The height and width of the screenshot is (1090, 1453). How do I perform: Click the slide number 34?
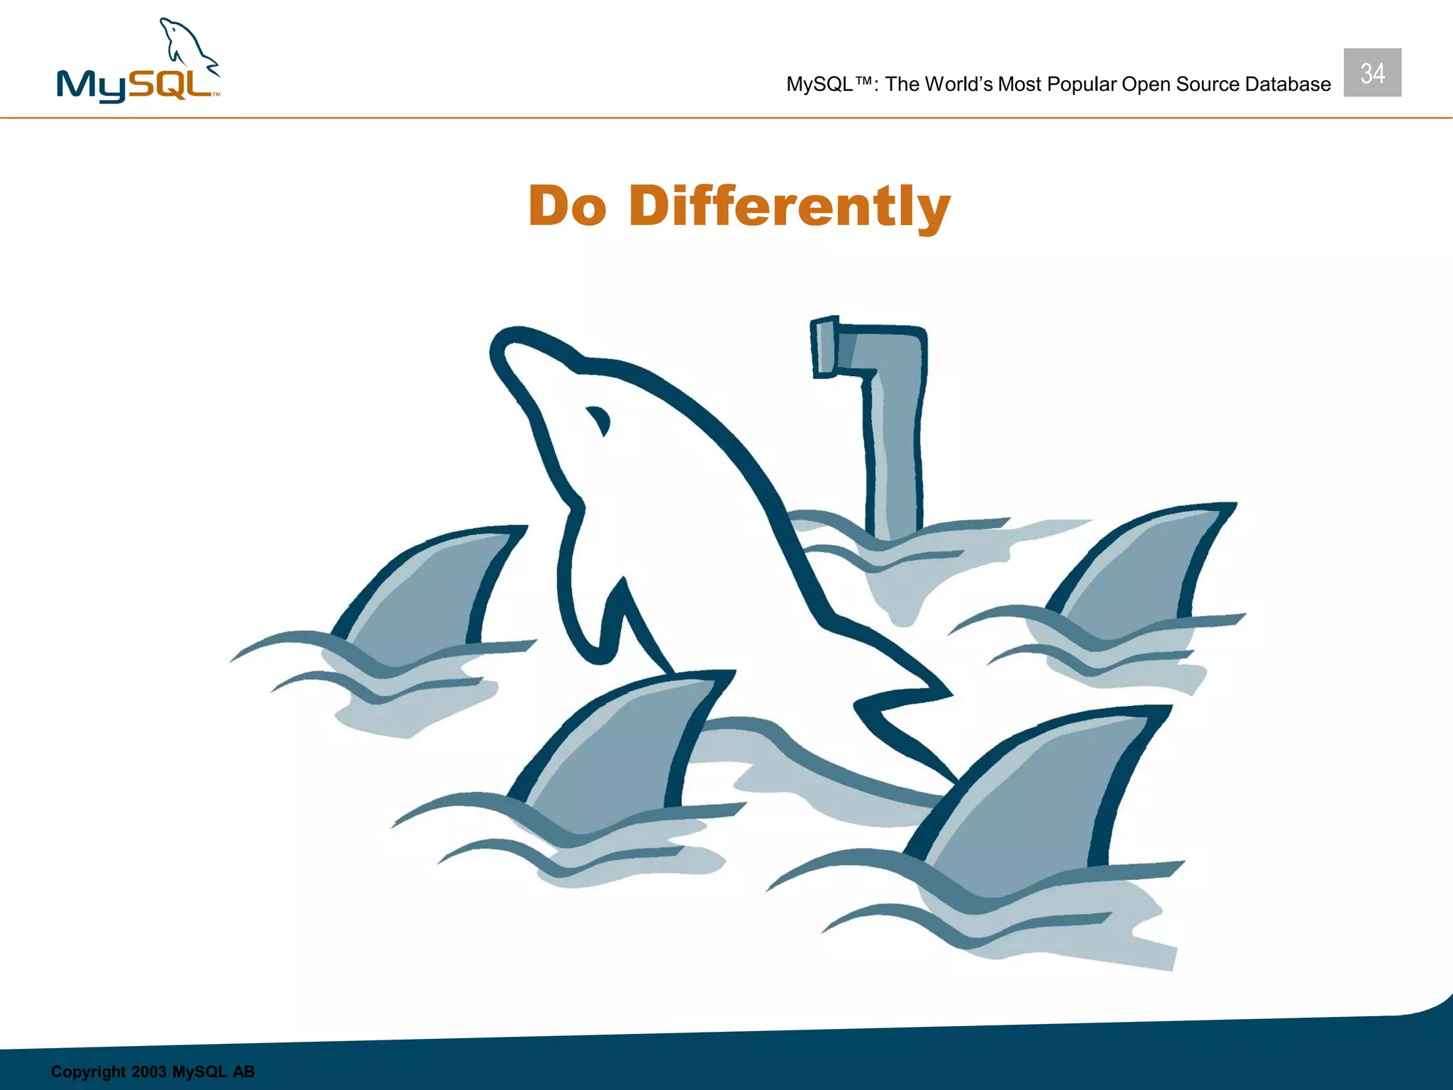pos(1372,73)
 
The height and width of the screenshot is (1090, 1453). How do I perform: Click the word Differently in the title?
pos(789,206)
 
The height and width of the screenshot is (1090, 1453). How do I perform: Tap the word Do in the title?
pos(568,206)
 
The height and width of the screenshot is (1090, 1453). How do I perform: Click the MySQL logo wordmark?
pos(135,85)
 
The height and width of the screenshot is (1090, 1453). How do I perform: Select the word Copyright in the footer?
pos(88,1072)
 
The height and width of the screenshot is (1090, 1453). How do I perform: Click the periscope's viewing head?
pos(824,346)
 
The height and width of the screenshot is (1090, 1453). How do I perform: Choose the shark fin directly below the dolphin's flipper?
pos(624,745)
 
